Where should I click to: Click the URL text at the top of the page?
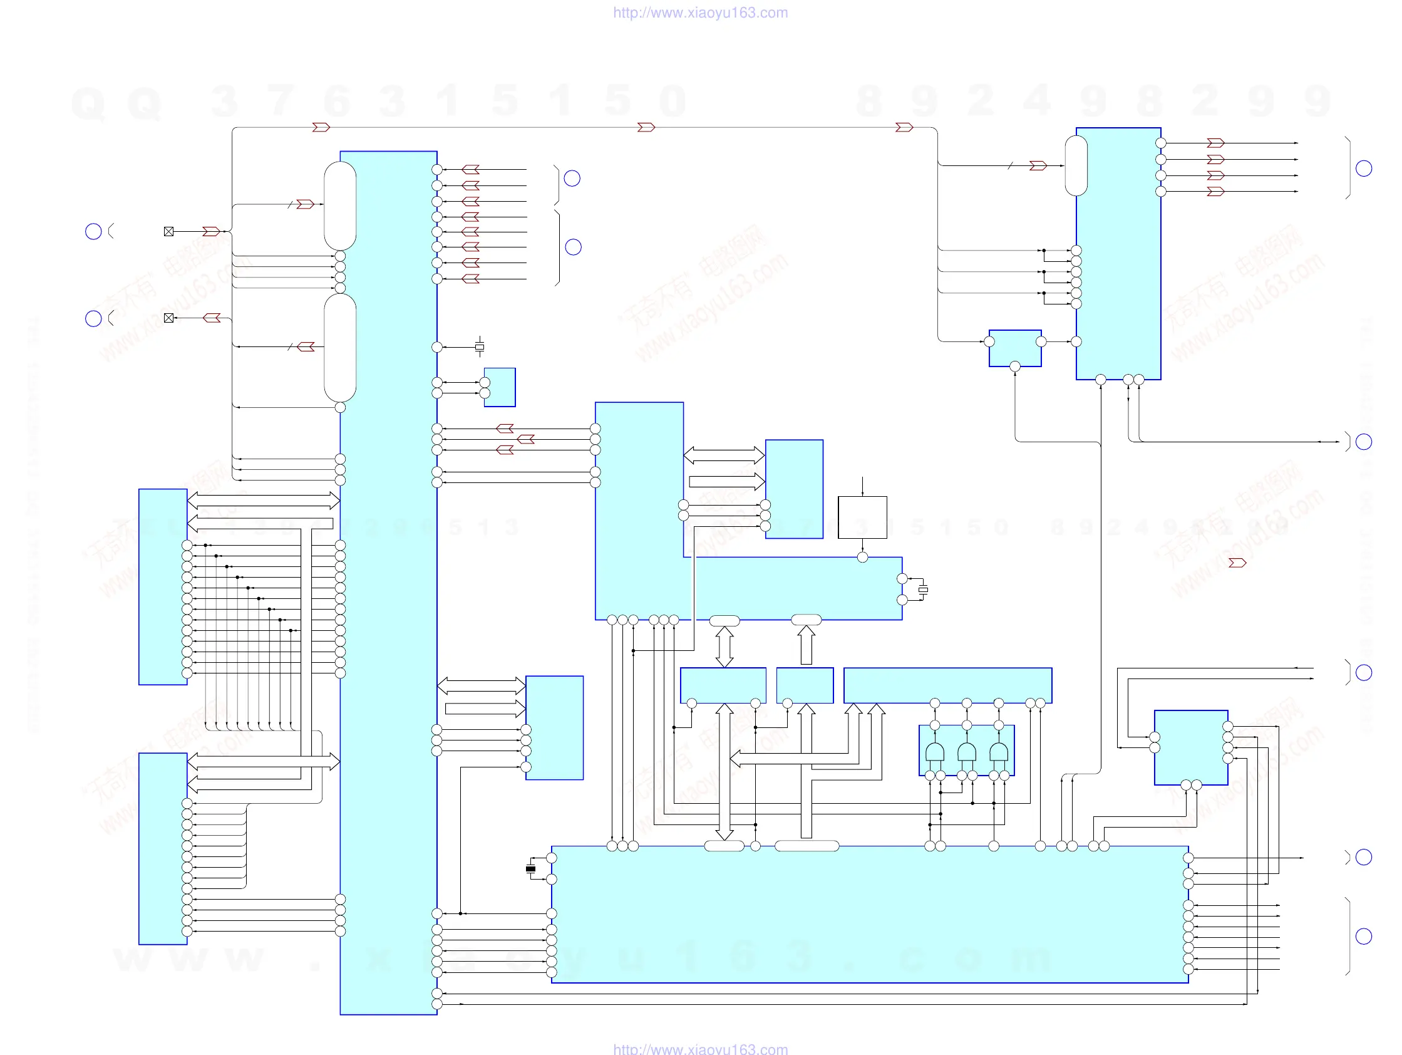point(700,13)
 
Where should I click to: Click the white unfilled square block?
point(862,517)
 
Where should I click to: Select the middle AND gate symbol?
point(967,752)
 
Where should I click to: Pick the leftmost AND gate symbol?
point(935,752)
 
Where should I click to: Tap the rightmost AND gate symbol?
point(999,752)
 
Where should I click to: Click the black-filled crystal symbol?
point(530,868)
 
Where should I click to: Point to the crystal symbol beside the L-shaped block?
point(923,590)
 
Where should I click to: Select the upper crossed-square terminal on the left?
point(168,231)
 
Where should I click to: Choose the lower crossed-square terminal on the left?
point(168,318)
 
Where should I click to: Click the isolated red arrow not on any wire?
point(1237,563)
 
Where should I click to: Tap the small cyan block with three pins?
point(1015,348)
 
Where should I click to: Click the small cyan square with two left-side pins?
point(500,387)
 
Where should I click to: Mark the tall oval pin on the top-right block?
point(1076,165)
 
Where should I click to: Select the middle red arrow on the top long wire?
point(646,127)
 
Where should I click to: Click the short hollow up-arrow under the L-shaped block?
point(807,645)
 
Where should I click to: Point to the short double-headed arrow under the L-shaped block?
point(724,647)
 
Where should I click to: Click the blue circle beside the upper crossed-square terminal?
point(93,231)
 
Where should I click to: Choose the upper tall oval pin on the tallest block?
point(340,205)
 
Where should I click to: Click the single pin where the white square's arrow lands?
point(862,558)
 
